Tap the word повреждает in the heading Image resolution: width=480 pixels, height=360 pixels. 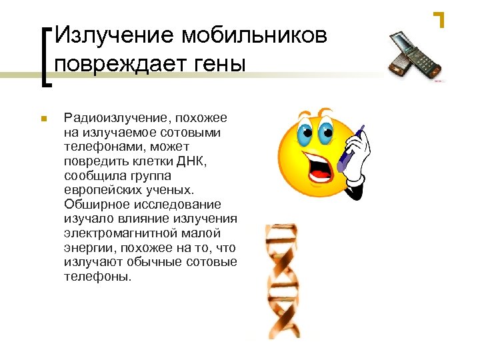tap(129, 65)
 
